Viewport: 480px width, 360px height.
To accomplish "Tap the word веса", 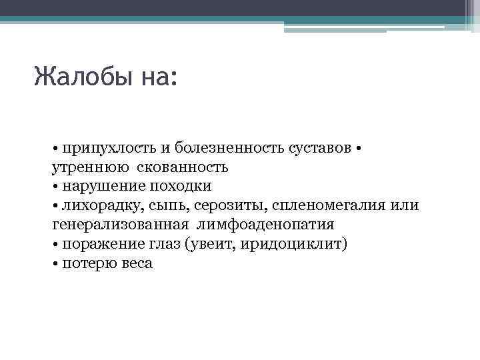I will (137, 263).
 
